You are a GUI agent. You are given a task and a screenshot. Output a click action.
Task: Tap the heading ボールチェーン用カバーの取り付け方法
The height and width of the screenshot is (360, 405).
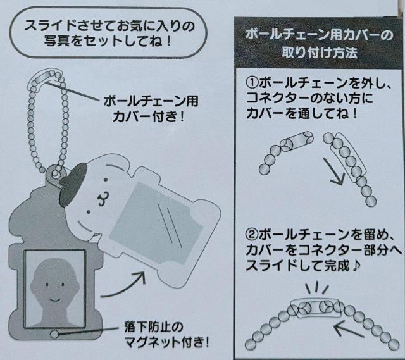point(319,44)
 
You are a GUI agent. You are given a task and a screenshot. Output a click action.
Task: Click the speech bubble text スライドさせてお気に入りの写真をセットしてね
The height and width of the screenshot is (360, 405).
point(109,33)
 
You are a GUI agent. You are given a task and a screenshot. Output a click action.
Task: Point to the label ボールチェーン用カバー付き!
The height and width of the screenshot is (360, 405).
point(151,109)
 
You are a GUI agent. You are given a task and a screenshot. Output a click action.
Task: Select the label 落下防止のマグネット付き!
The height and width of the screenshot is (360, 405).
point(166,335)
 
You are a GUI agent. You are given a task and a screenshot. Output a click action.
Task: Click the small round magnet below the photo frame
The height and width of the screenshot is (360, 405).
point(54,334)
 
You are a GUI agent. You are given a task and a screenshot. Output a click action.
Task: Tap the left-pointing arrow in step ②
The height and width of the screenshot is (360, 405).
point(349,330)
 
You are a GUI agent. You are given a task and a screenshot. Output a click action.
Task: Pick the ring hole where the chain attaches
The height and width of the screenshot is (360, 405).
point(55,173)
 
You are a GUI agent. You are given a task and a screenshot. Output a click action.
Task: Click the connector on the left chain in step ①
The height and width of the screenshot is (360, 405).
point(297,141)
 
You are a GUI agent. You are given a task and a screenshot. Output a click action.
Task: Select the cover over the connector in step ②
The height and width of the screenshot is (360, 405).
point(316,307)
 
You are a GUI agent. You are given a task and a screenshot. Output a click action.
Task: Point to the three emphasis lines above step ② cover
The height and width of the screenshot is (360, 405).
point(317,288)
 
